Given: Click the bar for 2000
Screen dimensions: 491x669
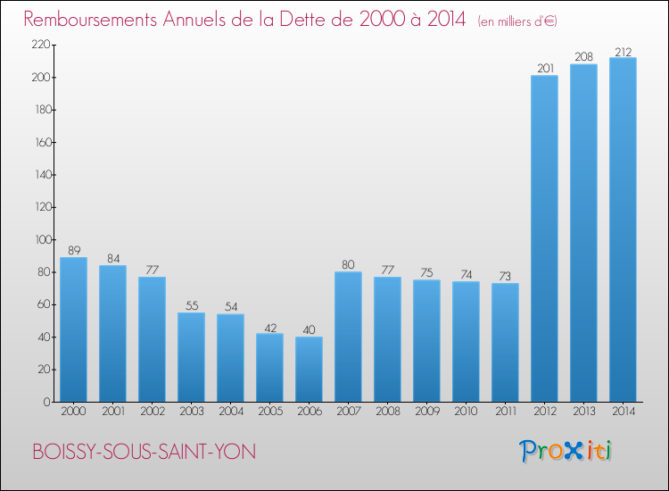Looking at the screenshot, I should pos(73,329).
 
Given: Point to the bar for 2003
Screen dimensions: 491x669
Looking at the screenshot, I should pos(191,357).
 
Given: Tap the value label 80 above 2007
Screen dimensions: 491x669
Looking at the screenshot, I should pos(348,264).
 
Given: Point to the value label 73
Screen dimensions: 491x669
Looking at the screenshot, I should pos(505,276).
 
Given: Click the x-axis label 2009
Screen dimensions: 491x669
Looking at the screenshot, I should pos(426,412).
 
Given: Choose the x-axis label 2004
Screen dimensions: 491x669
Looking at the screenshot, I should pos(230,412).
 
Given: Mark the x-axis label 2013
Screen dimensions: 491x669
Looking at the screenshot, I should pos(583,412).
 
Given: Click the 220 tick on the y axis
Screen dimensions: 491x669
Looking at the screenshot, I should pos(39,45).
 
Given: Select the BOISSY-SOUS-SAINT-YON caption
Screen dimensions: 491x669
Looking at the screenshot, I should pos(144,452).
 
